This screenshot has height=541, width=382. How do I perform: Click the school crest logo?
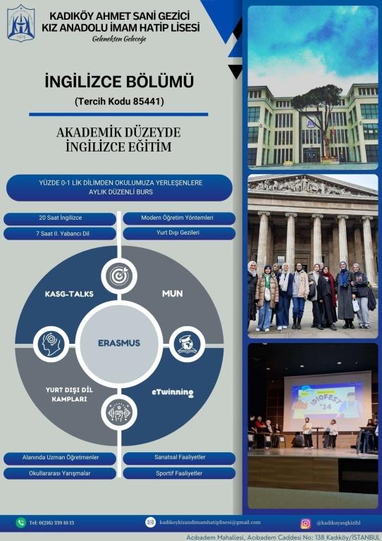click(x=20, y=23)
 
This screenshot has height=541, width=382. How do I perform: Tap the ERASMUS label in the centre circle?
click(x=119, y=343)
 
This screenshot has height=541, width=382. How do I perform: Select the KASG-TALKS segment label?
click(x=69, y=294)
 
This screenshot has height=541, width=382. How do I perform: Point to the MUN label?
click(x=173, y=294)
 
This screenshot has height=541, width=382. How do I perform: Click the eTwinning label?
click(x=173, y=392)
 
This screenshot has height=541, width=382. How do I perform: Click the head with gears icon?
click(x=51, y=344)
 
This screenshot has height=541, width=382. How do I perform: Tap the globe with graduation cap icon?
click(x=187, y=344)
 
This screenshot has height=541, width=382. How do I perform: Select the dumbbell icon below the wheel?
click(x=119, y=412)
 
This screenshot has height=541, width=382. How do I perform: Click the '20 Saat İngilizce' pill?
click(x=60, y=218)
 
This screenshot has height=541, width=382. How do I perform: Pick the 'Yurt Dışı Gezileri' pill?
click(x=179, y=233)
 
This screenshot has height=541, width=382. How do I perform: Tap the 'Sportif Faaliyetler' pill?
click(x=179, y=473)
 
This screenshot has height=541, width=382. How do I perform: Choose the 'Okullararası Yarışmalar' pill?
click(x=60, y=473)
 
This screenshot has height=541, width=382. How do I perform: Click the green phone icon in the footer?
click(x=20, y=523)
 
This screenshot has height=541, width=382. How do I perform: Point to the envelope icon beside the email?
click(x=150, y=522)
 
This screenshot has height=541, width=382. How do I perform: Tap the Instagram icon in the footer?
click(x=305, y=523)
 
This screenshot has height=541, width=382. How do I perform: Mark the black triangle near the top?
click(x=236, y=71)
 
